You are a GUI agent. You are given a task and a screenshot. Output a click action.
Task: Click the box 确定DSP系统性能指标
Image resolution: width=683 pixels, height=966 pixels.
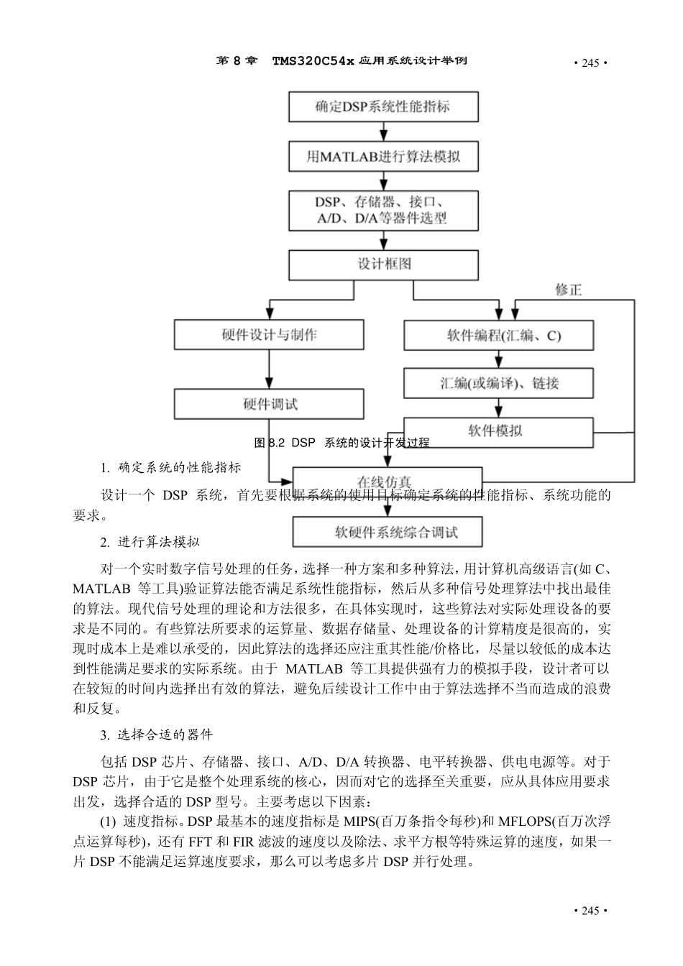click(383, 106)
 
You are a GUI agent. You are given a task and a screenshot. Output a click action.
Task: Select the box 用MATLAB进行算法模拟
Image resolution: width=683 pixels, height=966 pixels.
click(383, 156)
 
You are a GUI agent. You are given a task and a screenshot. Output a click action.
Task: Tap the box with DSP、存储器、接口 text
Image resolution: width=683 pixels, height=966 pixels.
click(383, 210)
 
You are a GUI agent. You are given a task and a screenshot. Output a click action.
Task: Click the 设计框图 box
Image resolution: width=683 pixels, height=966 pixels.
click(383, 264)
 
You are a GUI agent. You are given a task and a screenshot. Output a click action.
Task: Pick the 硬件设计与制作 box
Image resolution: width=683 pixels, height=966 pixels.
click(269, 335)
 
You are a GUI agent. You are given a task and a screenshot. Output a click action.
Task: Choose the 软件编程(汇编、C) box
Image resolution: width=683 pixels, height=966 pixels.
click(498, 335)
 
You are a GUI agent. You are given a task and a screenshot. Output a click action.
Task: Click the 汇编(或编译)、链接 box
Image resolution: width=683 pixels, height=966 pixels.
click(498, 383)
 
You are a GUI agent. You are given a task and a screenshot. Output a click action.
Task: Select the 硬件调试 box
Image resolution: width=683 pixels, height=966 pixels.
click(269, 404)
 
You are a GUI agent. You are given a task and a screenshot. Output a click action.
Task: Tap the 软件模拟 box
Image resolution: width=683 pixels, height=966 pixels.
click(498, 431)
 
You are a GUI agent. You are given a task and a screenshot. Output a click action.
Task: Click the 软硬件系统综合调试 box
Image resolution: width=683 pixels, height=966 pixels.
click(387, 533)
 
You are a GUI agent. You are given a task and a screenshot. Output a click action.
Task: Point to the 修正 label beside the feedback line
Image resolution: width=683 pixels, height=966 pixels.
click(568, 290)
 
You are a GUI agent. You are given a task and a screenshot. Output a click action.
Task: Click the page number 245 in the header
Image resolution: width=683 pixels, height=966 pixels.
click(590, 63)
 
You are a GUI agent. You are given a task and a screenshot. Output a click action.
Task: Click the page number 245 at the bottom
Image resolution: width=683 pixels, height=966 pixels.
click(590, 911)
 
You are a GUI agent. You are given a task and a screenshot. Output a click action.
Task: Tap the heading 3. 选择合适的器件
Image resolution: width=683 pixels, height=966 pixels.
click(156, 735)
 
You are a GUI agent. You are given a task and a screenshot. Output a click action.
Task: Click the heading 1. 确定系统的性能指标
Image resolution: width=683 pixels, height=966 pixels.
click(170, 468)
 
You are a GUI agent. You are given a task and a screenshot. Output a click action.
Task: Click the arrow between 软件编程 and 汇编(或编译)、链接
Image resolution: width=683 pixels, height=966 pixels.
click(498, 359)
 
